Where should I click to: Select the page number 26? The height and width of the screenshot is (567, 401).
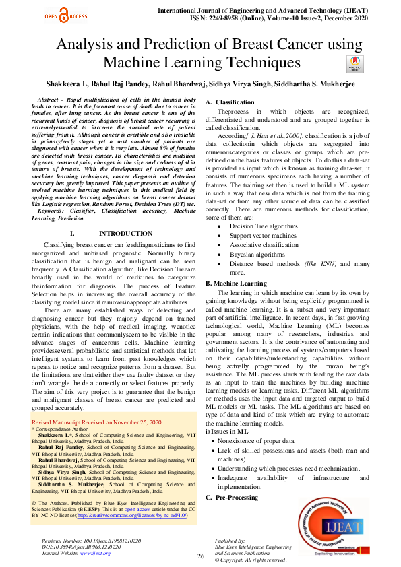point(200,556)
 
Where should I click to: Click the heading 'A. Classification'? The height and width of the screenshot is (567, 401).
point(230,102)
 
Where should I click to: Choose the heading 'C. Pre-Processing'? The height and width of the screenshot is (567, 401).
point(233,497)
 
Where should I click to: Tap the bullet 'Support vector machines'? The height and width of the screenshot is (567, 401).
point(253,236)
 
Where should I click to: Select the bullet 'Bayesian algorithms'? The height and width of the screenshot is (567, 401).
point(247,255)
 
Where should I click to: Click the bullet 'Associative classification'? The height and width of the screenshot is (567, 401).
point(255,246)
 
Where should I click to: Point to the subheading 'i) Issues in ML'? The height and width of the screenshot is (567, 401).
point(226,431)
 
